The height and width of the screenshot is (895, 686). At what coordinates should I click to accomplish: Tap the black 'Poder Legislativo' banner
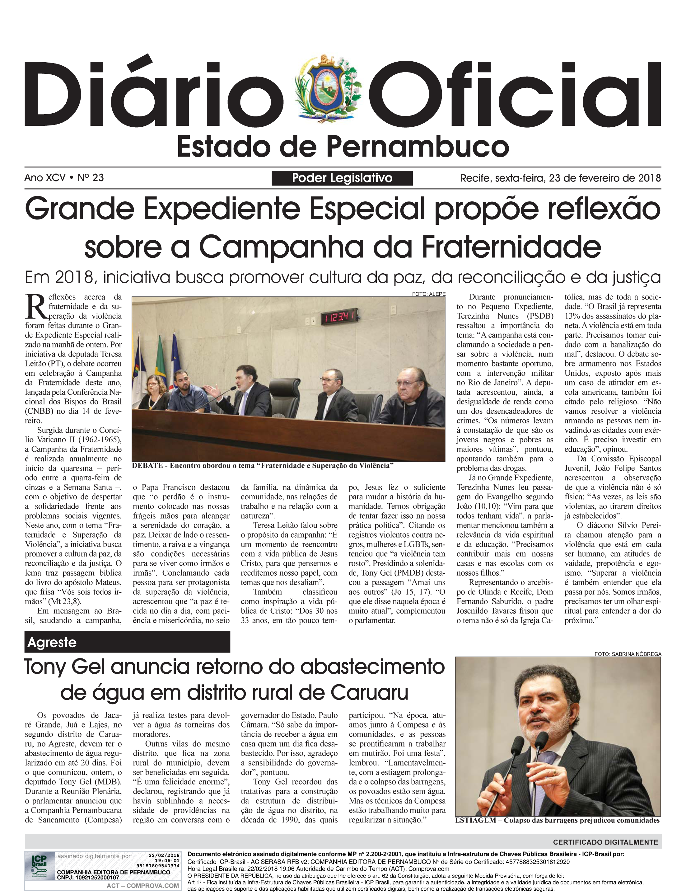click(x=342, y=178)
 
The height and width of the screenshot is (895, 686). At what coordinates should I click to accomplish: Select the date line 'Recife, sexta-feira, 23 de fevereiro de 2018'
click(x=560, y=178)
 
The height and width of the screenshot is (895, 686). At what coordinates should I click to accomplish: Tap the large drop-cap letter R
click(x=36, y=307)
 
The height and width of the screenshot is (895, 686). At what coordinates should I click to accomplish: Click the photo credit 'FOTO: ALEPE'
click(x=428, y=294)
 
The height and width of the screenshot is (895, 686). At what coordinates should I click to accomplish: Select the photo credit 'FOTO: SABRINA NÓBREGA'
click(x=627, y=654)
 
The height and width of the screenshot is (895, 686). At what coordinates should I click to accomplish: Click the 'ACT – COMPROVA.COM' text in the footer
click(x=142, y=886)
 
